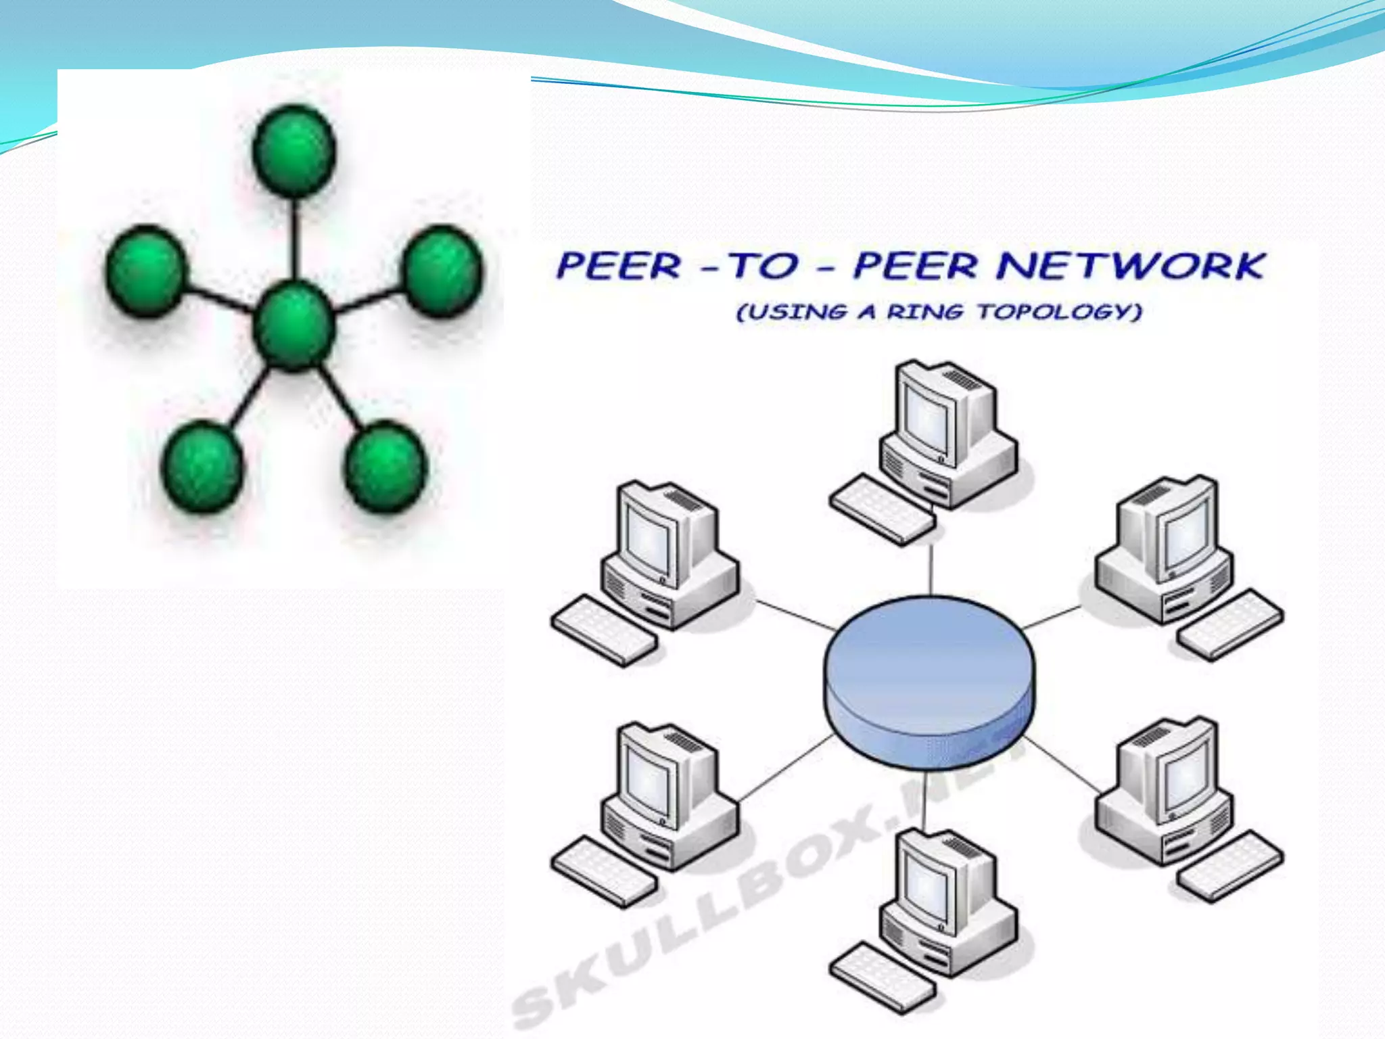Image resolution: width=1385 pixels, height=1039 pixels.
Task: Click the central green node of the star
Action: point(294,327)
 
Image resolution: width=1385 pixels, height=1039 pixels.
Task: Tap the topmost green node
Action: point(294,150)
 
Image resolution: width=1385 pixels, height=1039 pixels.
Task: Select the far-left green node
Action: point(145,271)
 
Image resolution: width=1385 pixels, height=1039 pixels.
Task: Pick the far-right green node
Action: point(443,271)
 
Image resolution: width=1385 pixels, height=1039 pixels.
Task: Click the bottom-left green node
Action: point(202,465)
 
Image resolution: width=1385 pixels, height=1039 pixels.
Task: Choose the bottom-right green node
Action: point(385,465)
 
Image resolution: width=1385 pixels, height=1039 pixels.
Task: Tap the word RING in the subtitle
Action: point(925,312)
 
